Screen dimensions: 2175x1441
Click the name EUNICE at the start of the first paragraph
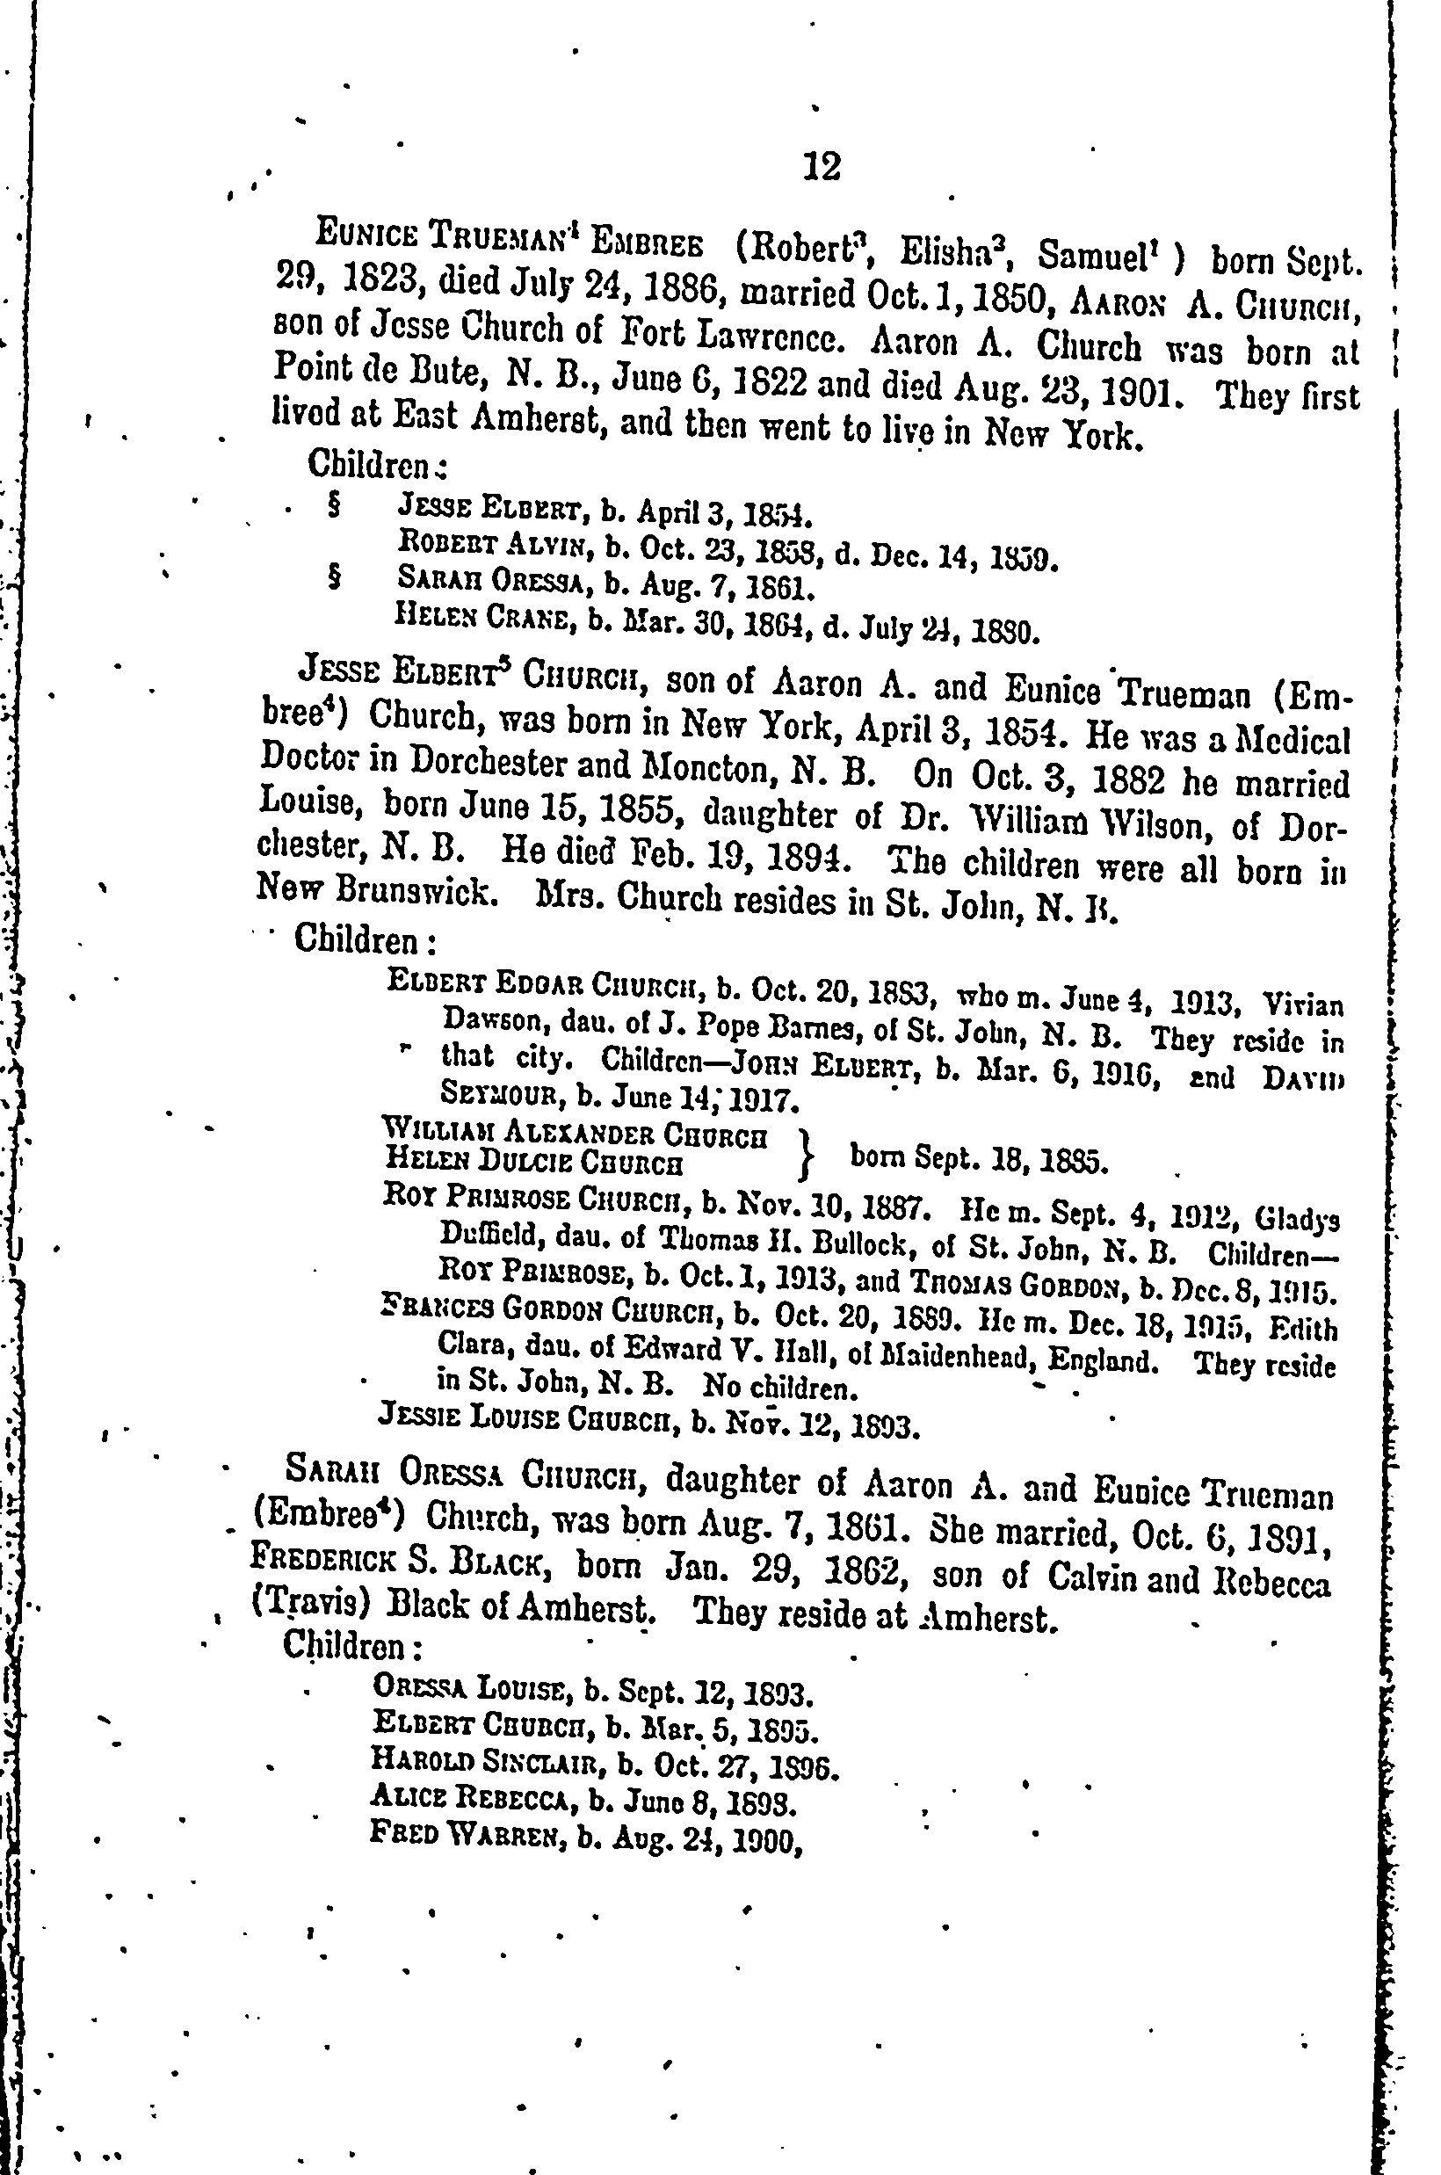pos(357,234)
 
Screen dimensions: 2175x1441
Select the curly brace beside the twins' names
pos(806,1153)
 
